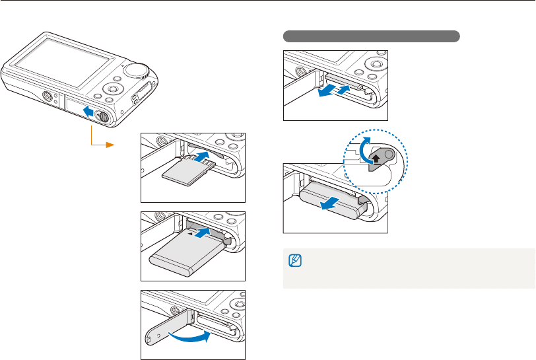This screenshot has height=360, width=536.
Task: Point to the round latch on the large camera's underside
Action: pyautogui.click(x=102, y=116)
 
